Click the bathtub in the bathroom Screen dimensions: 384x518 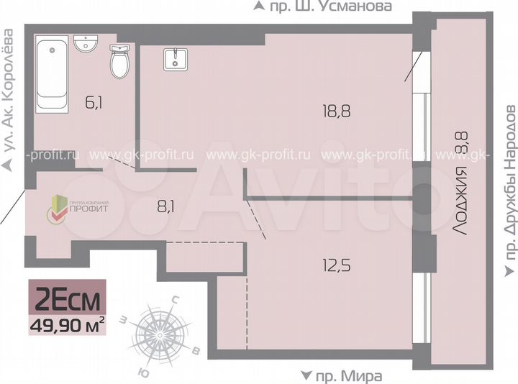click(53, 74)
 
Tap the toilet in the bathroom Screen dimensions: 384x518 click(119, 63)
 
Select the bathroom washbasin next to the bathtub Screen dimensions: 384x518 click(86, 44)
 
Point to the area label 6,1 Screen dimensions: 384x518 click(94, 102)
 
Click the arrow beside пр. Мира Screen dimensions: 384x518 click(306, 375)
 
